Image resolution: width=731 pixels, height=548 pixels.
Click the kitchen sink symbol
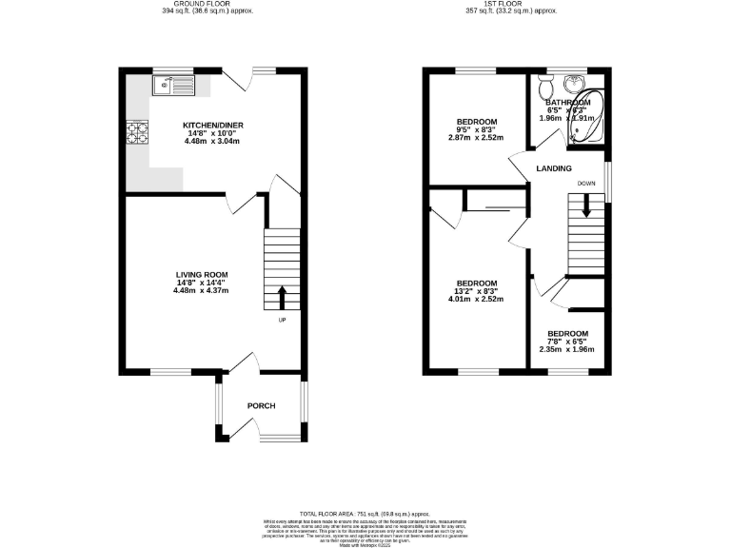click(x=173, y=87)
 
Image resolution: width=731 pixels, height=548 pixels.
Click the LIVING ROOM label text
click(x=200, y=274)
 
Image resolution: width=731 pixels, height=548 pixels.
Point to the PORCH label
click(x=261, y=406)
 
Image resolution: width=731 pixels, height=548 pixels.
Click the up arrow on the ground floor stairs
click(x=282, y=298)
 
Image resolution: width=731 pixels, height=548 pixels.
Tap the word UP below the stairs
click(x=282, y=320)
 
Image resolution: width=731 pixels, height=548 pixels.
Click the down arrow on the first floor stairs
click(x=586, y=205)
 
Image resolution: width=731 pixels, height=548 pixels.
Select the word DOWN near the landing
click(x=586, y=183)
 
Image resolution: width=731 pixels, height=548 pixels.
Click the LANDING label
click(x=554, y=168)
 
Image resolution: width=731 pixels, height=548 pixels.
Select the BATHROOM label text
click(x=568, y=102)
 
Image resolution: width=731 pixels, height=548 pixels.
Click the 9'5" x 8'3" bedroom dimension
click(x=477, y=130)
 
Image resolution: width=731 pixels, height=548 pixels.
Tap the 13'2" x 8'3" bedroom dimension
click(x=477, y=291)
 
